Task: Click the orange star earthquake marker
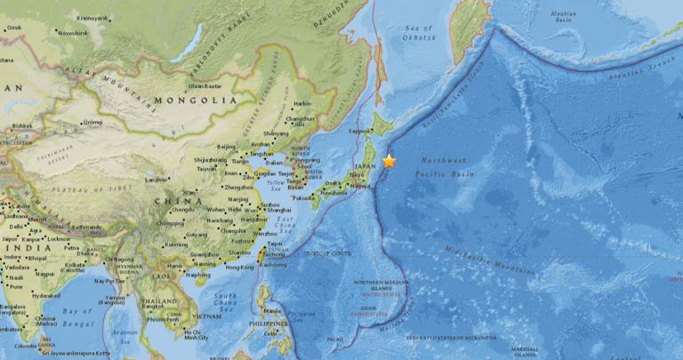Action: (x=389, y=161)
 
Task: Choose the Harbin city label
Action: (x=303, y=103)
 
